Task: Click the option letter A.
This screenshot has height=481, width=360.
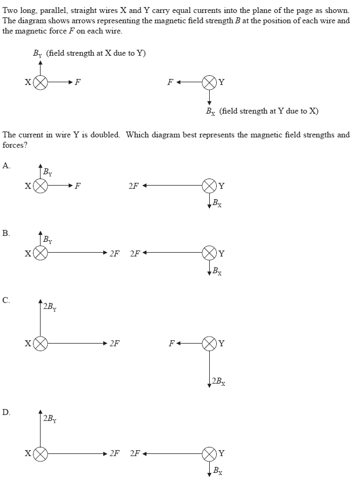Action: click(x=5, y=166)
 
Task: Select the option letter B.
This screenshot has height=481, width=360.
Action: click(x=5, y=233)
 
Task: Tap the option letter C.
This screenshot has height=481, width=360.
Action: click(x=5, y=300)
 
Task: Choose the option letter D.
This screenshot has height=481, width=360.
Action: click(x=5, y=412)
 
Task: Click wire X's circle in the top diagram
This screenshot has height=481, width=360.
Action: click(x=41, y=83)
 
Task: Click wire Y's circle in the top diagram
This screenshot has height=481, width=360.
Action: click(x=209, y=83)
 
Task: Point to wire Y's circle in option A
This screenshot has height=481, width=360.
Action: click(x=209, y=186)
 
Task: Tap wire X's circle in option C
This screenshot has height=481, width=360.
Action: click(x=41, y=343)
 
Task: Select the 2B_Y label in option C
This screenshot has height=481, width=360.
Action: click(x=50, y=307)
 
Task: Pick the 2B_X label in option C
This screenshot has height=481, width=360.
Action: click(x=219, y=381)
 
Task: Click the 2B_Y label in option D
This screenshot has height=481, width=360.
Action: click(x=50, y=418)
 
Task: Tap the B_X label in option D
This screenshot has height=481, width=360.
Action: click(x=217, y=471)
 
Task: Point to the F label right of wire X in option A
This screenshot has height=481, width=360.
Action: click(x=78, y=186)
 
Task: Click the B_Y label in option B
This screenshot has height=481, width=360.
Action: click(x=48, y=240)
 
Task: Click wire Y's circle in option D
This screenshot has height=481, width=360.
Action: click(x=209, y=453)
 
